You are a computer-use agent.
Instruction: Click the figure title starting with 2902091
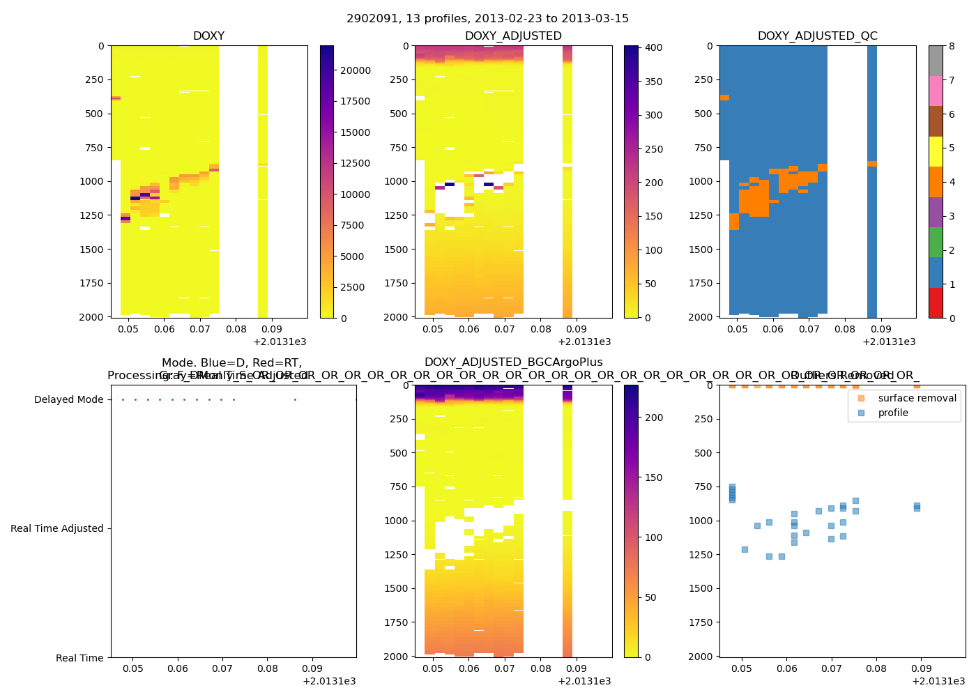[x=487, y=18]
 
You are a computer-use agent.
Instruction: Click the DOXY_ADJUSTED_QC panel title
[x=817, y=36]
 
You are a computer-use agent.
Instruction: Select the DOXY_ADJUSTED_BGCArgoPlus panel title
[x=513, y=362]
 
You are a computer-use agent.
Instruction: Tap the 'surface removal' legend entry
[x=917, y=398]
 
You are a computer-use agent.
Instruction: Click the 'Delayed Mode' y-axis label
[x=68, y=399]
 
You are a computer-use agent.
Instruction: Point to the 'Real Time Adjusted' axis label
[x=57, y=528]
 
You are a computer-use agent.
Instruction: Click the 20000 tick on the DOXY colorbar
[x=356, y=70]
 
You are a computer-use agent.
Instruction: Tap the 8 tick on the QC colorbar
[x=952, y=46]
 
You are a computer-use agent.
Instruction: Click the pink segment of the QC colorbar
[x=936, y=91]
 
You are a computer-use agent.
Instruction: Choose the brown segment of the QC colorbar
[x=936, y=121]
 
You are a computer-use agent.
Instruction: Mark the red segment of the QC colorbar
[x=936, y=303]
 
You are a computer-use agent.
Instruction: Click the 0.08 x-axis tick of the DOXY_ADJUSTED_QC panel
[x=844, y=329]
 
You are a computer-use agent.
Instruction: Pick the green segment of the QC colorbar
[x=936, y=243]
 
